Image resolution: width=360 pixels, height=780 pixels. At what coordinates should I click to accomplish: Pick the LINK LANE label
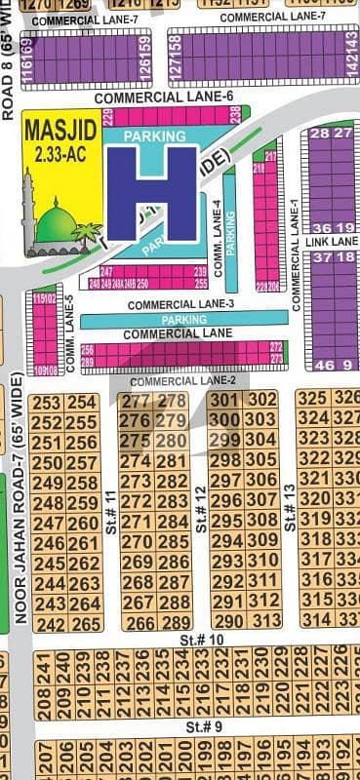click(332, 240)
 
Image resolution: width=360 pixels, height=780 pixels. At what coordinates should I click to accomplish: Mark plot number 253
click(47, 403)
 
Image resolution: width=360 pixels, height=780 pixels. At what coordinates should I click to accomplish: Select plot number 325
click(312, 398)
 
